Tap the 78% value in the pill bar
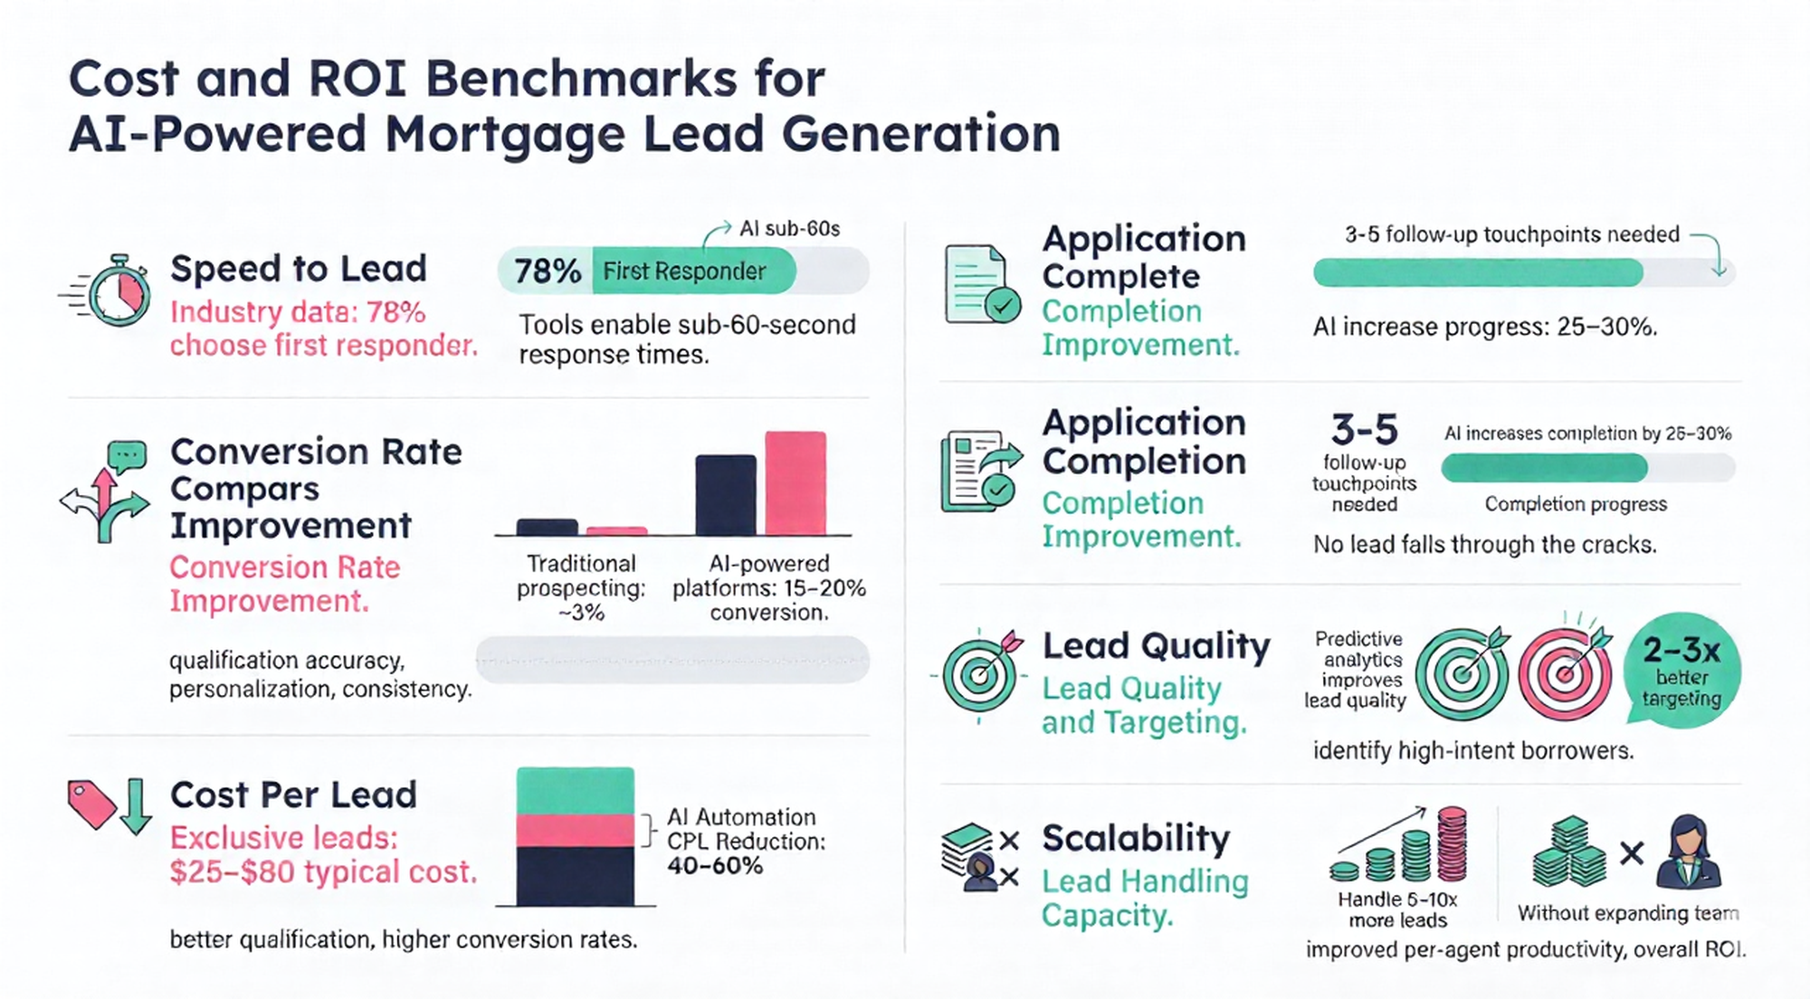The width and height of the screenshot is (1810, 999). tap(547, 271)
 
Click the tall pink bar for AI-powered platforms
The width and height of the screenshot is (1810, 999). tap(795, 483)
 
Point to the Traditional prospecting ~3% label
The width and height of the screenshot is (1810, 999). tap(581, 587)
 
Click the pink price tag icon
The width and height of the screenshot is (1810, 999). tap(90, 803)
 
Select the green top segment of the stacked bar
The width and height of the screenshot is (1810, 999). tap(575, 791)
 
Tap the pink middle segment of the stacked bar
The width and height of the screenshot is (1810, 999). tap(575, 830)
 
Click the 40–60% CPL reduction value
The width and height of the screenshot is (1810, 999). tap(715, 866)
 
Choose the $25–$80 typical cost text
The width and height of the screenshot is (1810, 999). tap(322, 871)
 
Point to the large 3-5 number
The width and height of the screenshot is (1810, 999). tap(1364, 429)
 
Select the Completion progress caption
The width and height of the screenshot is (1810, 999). tap(1575, 504)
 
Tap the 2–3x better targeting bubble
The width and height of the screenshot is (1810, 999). tap(1682, 671)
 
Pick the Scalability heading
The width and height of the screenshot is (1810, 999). tap(1136, 838)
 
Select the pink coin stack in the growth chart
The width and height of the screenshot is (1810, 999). tap(1452, 843)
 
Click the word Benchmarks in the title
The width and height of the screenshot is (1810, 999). tap(581, 79)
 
